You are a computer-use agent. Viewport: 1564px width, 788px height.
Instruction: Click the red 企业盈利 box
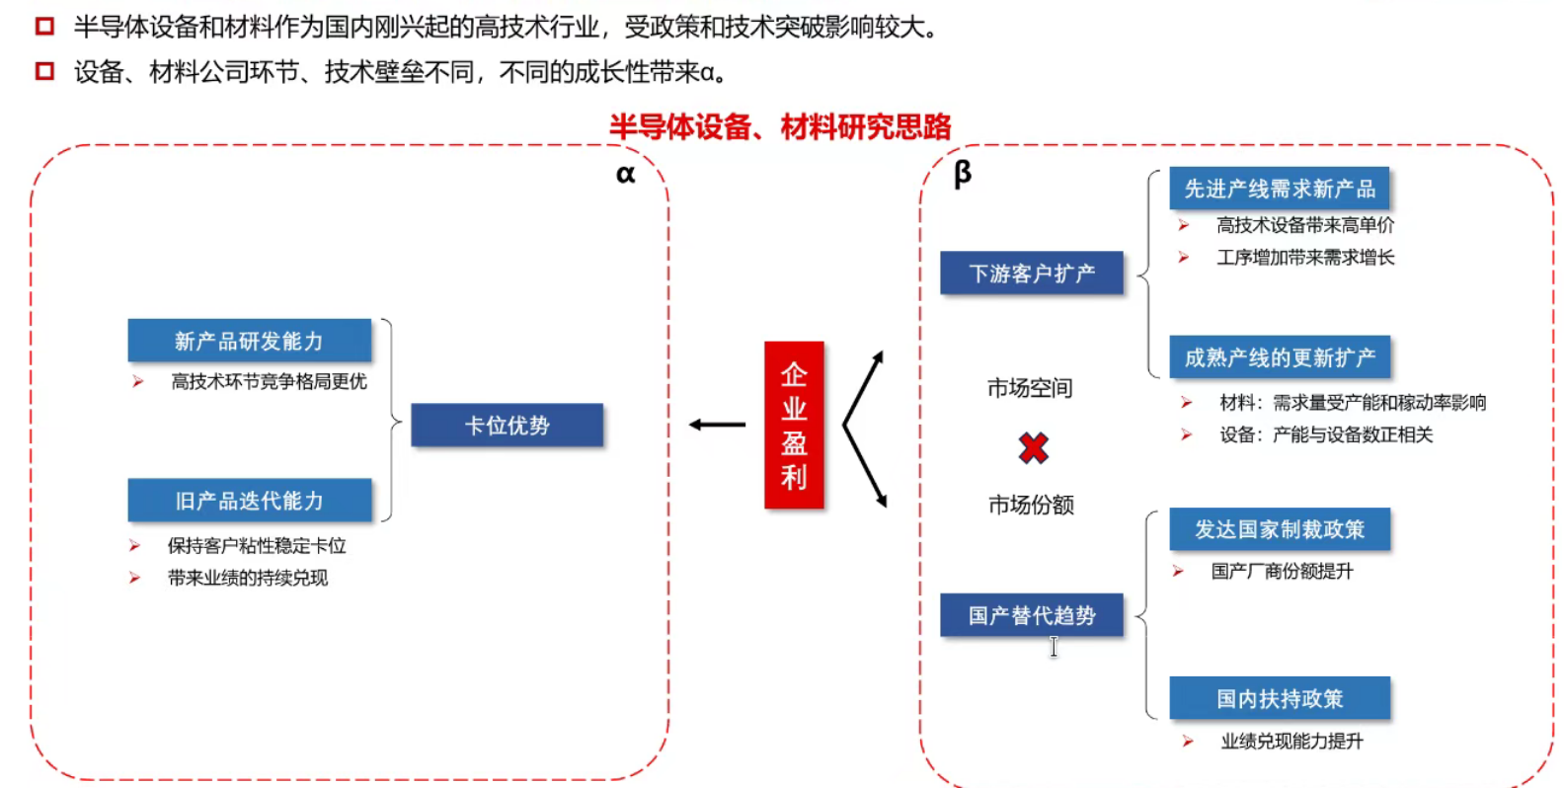[794, 425]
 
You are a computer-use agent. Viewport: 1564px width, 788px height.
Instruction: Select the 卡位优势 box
[507, 426]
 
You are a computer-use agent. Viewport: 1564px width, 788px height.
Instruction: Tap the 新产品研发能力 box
[249, 341]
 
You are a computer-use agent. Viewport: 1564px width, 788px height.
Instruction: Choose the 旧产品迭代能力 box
[249, 501]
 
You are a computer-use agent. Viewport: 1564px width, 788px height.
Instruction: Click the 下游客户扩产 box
[1032, 274]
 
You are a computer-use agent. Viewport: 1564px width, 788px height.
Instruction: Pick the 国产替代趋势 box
[1032, 615]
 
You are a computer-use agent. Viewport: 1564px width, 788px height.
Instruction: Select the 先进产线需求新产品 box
[1280, 189]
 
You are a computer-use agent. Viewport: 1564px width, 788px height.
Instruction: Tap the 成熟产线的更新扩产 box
[1280, 357]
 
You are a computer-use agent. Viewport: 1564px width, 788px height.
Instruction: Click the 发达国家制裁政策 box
[1280, 529]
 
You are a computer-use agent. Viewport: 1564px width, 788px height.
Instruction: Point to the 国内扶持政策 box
[1280, 699]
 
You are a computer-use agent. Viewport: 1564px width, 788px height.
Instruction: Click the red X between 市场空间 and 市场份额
[1033, 448]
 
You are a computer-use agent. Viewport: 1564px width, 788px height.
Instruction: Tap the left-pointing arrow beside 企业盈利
[717, 425]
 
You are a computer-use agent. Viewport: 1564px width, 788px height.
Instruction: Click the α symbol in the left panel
[625, 175]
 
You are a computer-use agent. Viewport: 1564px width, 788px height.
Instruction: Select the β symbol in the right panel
[963, 175]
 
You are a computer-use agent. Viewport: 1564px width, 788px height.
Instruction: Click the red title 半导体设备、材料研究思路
[780, 126]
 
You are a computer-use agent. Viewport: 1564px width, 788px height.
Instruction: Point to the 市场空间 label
[1030, 388]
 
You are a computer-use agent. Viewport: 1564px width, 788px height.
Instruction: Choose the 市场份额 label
[1031, 506]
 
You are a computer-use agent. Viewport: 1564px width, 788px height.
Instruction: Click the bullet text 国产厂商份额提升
[1282, 571]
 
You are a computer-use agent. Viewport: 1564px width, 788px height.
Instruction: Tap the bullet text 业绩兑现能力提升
[1291, 741]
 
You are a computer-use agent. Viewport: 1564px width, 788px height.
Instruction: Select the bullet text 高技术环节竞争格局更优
[269, 381]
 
